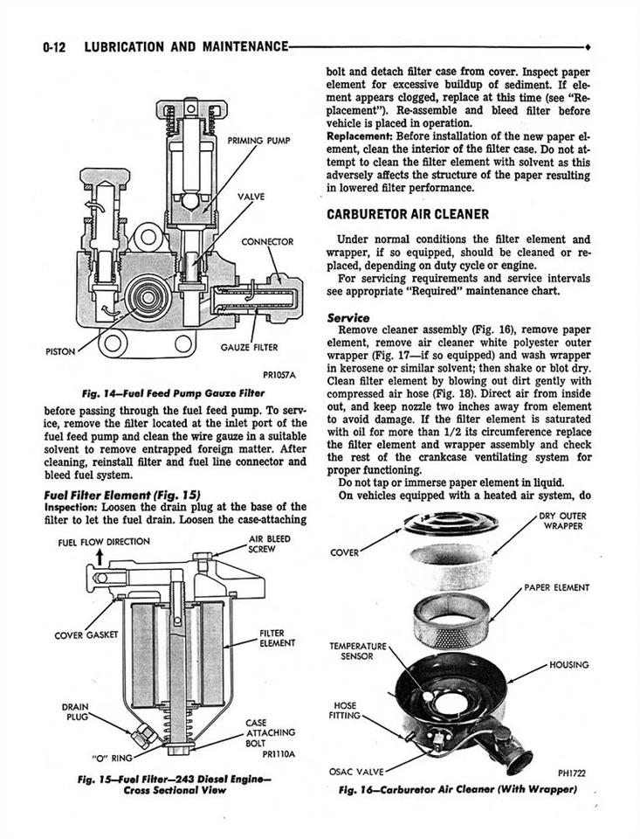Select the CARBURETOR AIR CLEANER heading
[407, 214]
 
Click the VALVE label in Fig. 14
[251, 197]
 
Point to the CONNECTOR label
[267, 241]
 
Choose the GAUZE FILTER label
[249, 347]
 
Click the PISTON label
[60, 352]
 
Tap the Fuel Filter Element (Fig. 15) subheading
[122, 494]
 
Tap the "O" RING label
[112, 757]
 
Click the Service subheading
[348, 317]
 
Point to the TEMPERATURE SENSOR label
[357, 651]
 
